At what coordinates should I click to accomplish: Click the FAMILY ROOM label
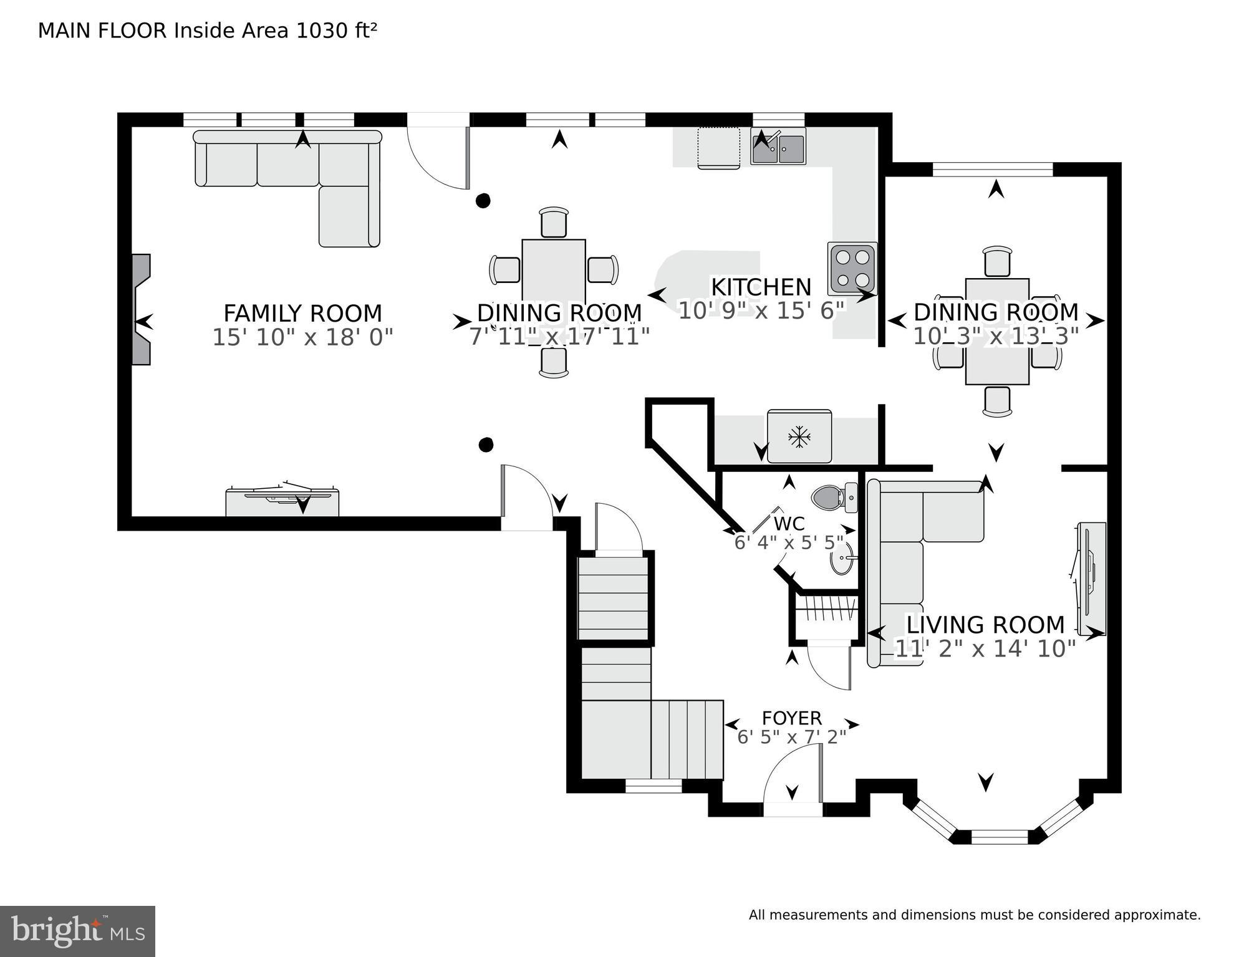tap(302, 313)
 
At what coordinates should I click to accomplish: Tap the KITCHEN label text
tap(761, 287)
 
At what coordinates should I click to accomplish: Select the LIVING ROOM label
tap(985, 625)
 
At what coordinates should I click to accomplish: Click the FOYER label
tap(791, 718)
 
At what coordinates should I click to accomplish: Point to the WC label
tap(789, 524)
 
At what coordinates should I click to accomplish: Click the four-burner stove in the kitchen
tap(852, 268)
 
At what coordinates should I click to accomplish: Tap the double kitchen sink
tap(778, 147)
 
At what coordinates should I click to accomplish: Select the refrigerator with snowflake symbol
tap(799, 436)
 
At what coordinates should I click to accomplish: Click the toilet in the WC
tap(832, 498)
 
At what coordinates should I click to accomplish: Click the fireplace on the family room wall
tap(142, 309)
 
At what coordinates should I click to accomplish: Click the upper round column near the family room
tap(483, 201)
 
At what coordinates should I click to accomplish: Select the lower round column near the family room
tap(486, 445)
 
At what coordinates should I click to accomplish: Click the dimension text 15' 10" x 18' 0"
tap(302, 338)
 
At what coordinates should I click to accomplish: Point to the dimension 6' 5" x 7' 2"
tap(791, 738)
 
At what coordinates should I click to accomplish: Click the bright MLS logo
tap(77, 931)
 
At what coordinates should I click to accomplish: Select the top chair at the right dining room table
tap(996, 261)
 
